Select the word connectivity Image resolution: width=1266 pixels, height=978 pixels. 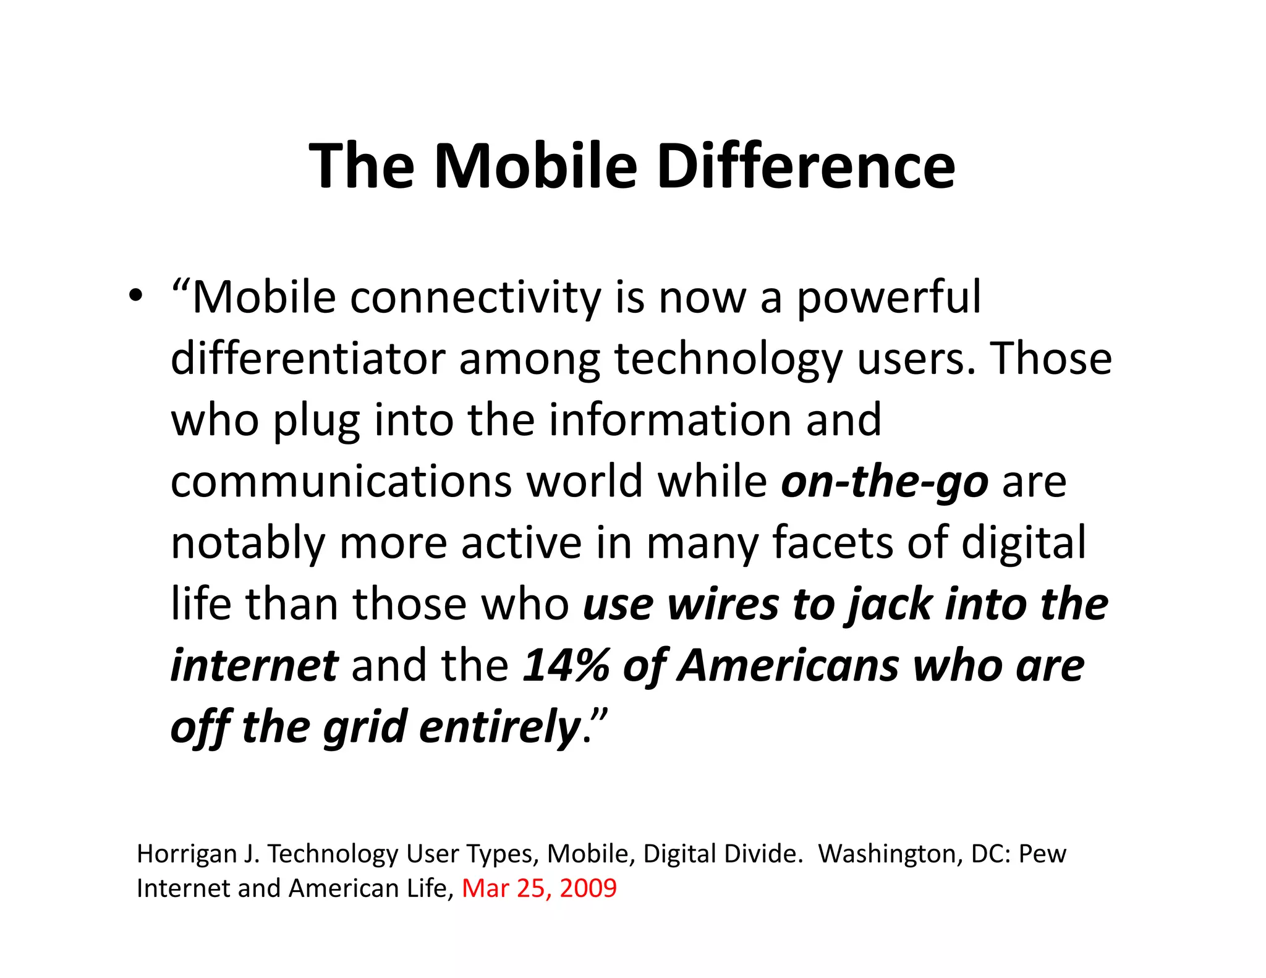point(475,298)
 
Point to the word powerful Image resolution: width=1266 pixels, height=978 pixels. point(888,298)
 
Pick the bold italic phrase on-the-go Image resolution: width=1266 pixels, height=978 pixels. point(885,482)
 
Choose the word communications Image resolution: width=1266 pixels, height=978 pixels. point(341,482)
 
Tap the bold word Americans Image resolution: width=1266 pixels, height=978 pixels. point(789,666)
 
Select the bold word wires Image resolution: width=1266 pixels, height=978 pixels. point(723,605)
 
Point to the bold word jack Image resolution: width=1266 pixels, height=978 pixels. point(890,605)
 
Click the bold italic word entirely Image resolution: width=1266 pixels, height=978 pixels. point(499,727)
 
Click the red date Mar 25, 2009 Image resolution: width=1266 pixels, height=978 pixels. point(539,888)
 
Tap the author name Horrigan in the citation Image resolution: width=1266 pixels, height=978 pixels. point(185,854)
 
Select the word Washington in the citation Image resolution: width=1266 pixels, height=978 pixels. point(887,854)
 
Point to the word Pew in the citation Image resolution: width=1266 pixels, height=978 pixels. point(1042,854)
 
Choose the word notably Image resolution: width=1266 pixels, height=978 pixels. point(247,543)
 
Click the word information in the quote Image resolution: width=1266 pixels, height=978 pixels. point(669,420)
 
